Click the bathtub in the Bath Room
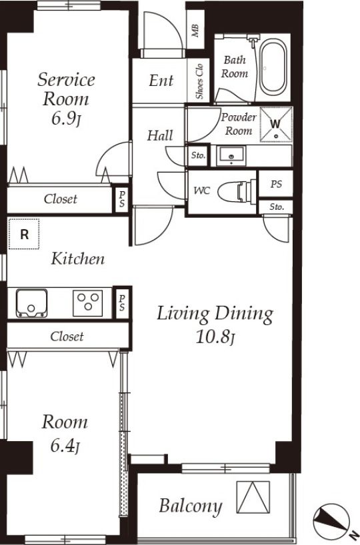[x=274, y=68]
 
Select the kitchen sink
[x=31, y=303]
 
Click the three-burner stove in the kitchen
[x=87, y=303]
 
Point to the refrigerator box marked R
[x=24, y=234]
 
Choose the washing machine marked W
[x=276, y=125]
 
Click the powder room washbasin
[x=231, y=156]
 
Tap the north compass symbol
[x=332, y=520]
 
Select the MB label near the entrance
[x=195, y=31]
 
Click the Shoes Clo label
[x=199, y=81]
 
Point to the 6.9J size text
[x=66, y=119]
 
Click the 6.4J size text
[x=65, y=446]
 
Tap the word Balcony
[x=191, y=506]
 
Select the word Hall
[x=160, y=135]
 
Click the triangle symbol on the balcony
[x=253, y=497]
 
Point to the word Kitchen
[x=78, y=259]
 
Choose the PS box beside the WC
[x=276, y=184]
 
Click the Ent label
[x=161, y=81]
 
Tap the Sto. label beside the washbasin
[x=199, y=155]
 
